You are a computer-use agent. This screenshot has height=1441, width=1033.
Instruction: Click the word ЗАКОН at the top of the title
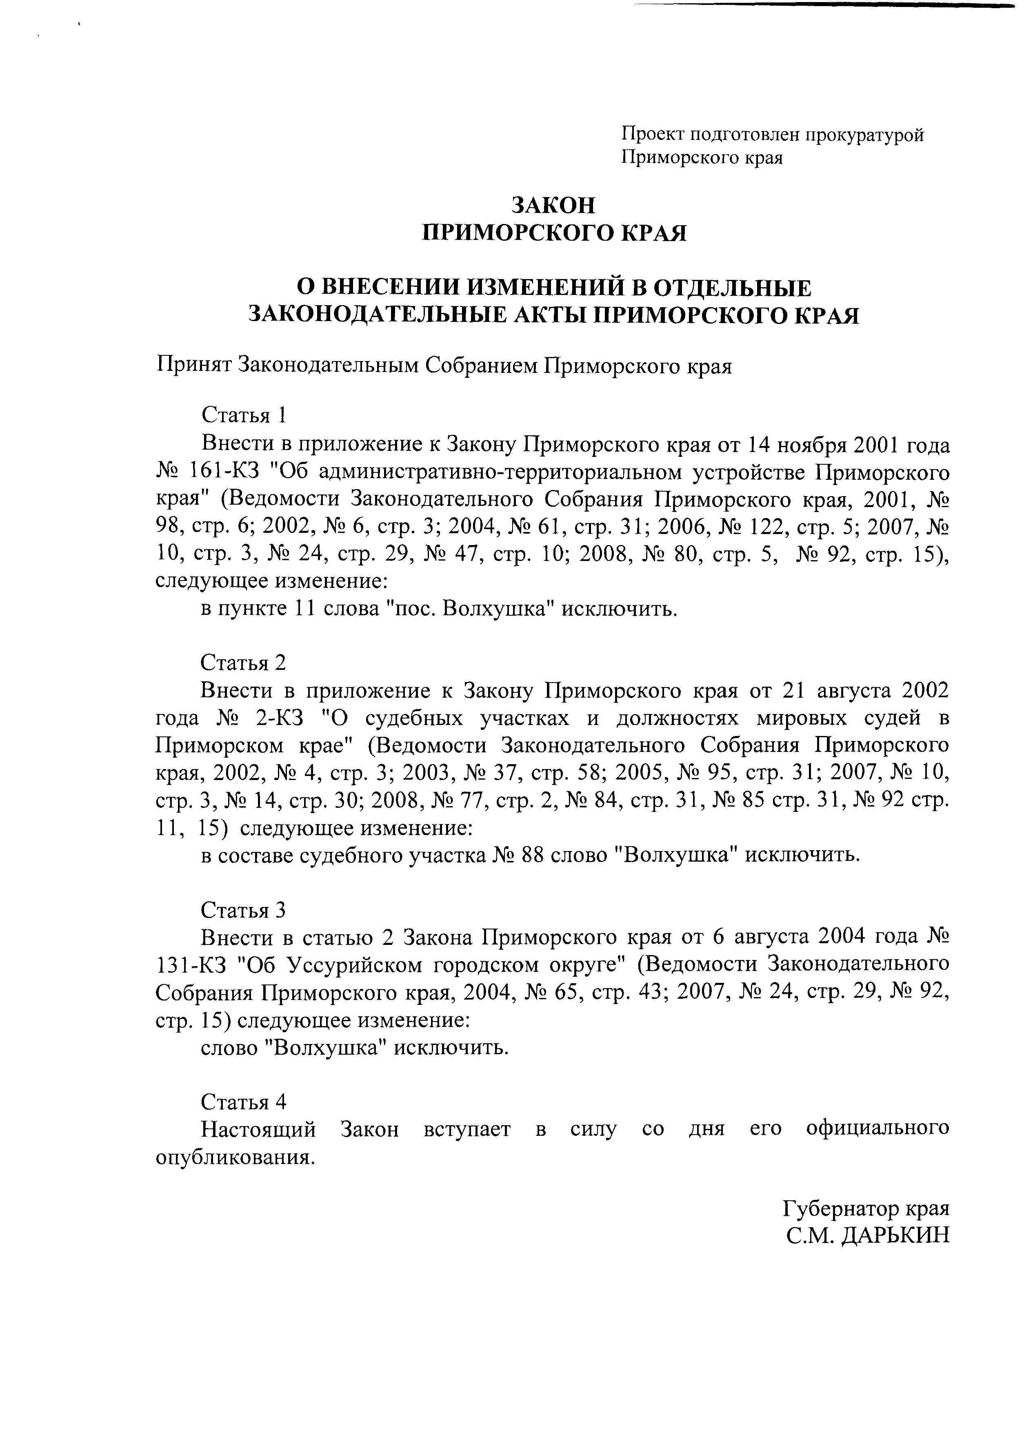(554, 205)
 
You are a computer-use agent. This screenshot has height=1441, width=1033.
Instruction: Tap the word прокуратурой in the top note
(864, 135)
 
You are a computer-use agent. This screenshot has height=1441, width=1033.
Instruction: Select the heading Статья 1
(244, 415)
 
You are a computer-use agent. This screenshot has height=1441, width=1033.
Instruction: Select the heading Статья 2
(244, 663)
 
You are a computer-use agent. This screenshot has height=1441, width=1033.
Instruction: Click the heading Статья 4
(244, 1101)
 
